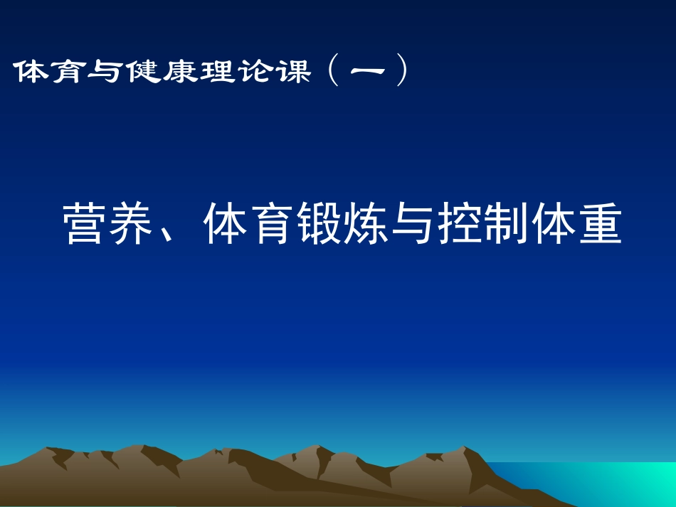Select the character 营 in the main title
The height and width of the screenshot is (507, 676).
[86, 224]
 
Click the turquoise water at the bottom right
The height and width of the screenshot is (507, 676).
[626, 484]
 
